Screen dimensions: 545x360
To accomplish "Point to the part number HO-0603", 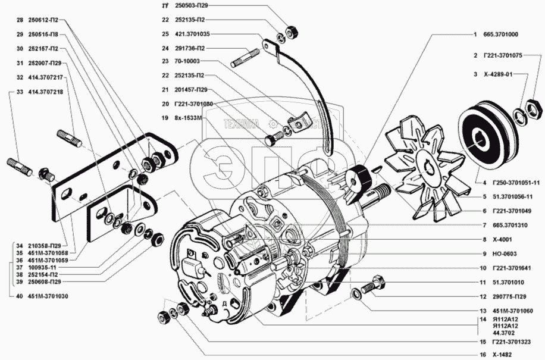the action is pyautogui.click(x=503, y=253).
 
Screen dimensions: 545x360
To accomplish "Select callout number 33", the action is pyautogui.click(x=20, y=92).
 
